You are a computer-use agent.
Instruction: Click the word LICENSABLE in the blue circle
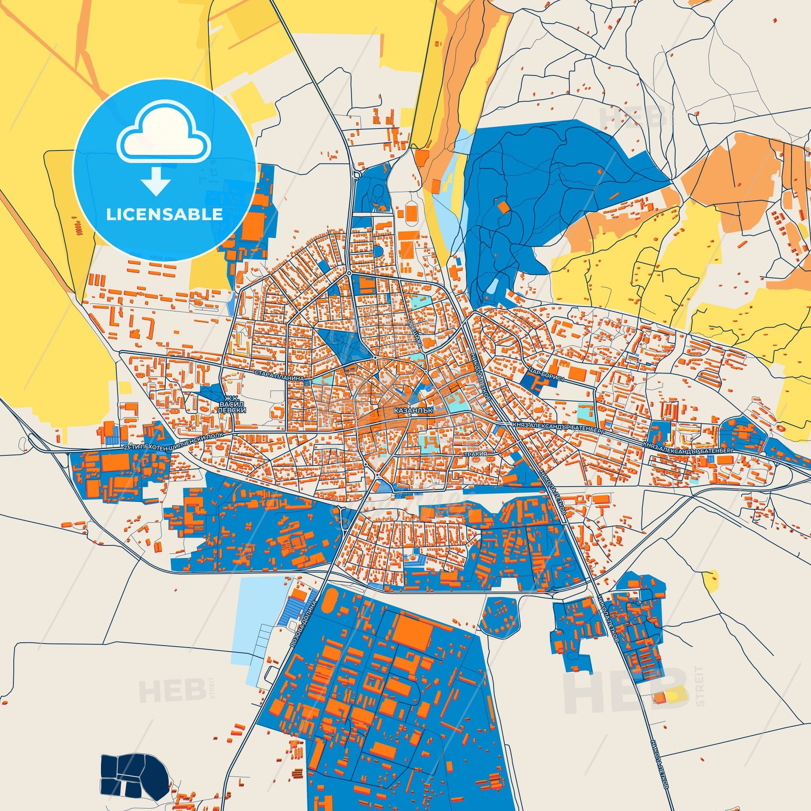tap(165, 215)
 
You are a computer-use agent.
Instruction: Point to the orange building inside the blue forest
tap(503, 207)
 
